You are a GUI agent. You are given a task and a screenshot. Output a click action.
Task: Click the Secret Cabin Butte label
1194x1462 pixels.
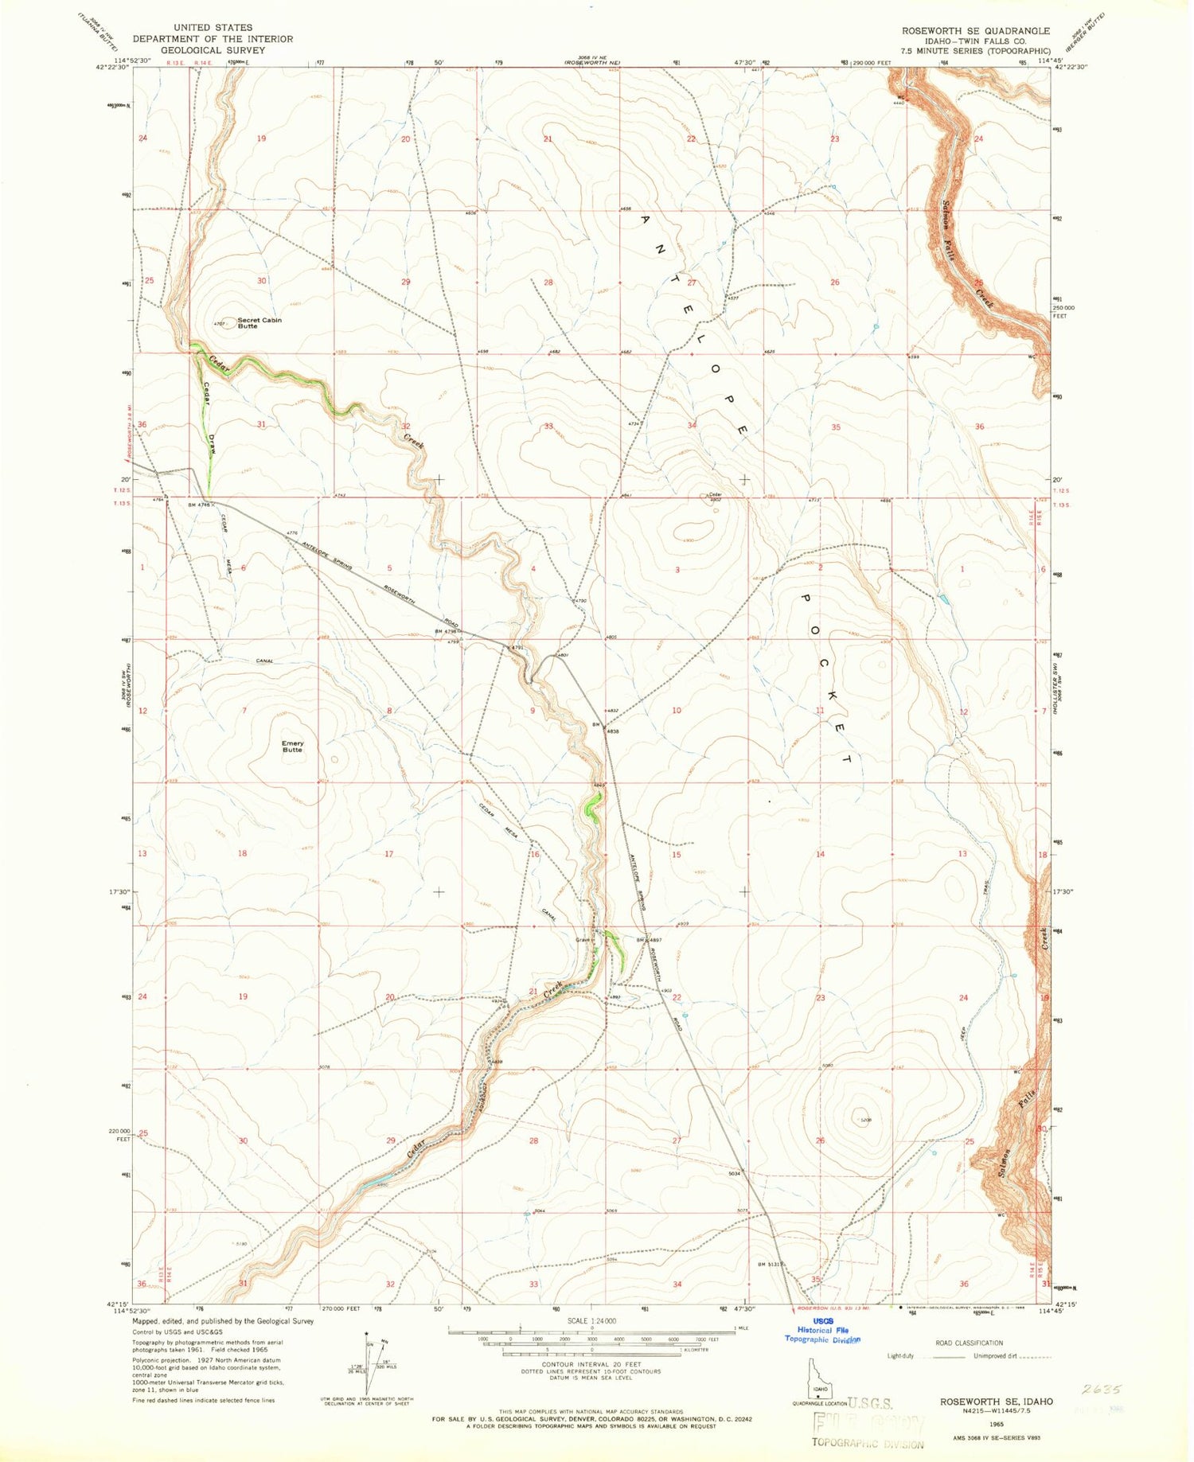pyautogui.click(x=259, y=323)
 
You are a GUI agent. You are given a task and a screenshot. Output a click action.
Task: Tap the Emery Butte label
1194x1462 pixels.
pyautogui.click(x=292, y=747)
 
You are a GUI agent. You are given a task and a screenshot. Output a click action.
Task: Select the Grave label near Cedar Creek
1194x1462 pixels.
pyautogui.click(x=583, y=940)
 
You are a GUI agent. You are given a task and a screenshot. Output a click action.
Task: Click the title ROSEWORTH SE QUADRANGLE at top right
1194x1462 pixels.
pyautogui.click(x=975, y=30)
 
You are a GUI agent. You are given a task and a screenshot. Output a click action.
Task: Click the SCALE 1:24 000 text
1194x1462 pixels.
pyautogui.click(x=591, y=1320)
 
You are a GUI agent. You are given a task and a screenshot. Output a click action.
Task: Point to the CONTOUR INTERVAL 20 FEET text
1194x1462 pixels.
pyautogui.click(x=591, y=1363)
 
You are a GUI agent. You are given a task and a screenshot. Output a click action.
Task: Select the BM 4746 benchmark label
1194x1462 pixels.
pyautogui.click(x=200, y=505)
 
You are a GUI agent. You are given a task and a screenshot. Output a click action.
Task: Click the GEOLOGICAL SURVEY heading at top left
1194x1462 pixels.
pyautogui.click(x=213, y=49)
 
